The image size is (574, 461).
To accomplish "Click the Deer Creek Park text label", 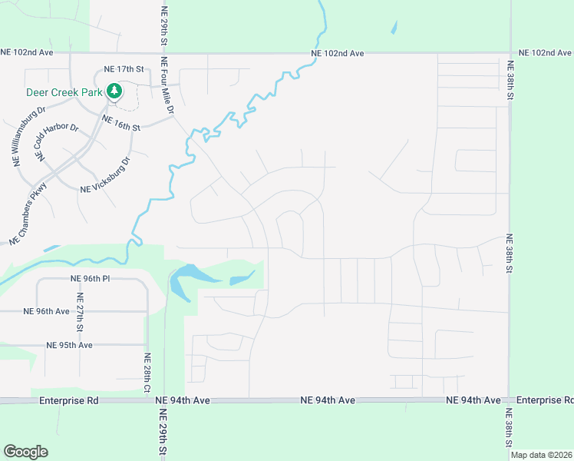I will point(64,91).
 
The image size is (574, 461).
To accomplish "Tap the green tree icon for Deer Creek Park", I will point(114,91).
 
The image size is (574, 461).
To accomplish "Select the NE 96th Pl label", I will point(91,279).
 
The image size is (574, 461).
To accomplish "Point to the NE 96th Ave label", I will point(47,311).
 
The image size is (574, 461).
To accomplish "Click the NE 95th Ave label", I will point(70,345).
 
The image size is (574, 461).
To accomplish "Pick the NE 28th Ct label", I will point(147,373).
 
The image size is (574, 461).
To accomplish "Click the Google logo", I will point(25,452).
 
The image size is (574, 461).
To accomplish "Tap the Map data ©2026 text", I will point(542,455).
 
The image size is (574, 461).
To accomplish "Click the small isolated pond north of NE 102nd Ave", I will point(394,27).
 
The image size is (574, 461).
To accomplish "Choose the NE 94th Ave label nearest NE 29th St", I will point(183,400).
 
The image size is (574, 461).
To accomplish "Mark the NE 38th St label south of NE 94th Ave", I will point(509,426).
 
